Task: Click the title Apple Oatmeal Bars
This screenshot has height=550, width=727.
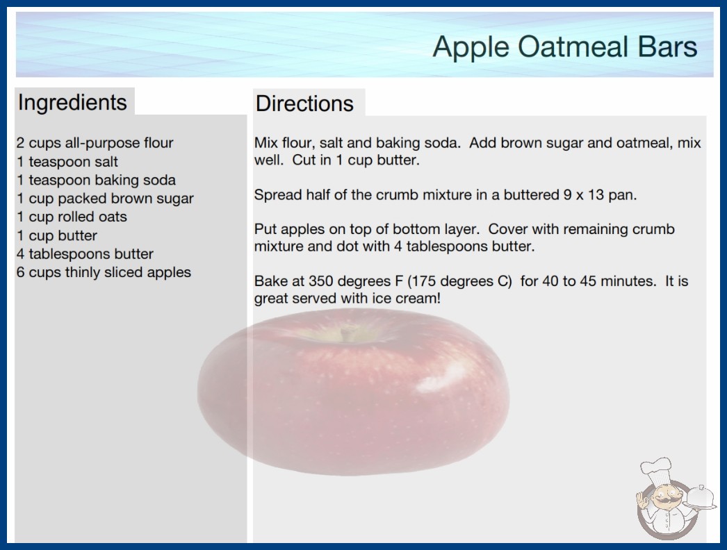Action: (565, 47)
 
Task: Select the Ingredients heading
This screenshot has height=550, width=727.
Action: (72, 103)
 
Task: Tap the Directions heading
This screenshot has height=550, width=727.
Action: (304, 103)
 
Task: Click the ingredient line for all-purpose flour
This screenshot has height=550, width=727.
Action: (95, 143)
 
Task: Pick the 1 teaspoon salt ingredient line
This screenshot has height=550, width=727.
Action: (67, 162)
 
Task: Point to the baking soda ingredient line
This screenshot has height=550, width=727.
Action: (97, 180)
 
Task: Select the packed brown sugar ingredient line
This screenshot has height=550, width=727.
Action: (105, 199)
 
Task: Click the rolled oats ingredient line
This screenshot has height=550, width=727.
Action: (72, 217)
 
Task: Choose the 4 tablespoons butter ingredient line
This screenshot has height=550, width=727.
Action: (85, 254)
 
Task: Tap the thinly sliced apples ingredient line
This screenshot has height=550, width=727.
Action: (104, 272)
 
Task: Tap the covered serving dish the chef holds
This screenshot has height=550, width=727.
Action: (700, 498)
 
